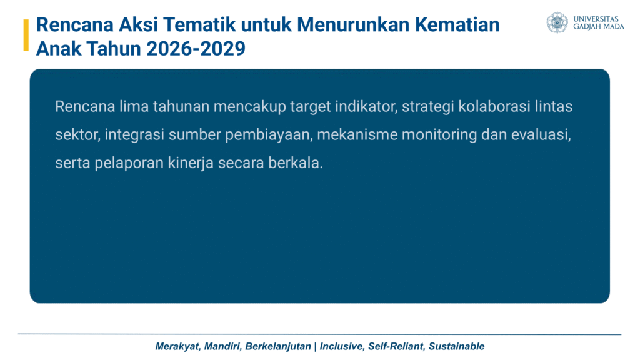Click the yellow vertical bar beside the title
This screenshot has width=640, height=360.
click(26, 35)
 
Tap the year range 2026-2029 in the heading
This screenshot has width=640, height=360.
click(196, 49)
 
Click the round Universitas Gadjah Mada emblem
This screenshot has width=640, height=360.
click(557, 22)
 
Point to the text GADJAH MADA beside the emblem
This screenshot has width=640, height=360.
click(599, 26)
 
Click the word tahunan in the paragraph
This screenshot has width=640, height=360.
click(181, 106)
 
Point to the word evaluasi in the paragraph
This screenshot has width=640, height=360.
click(541, 135)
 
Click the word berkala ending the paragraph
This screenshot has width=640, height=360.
click(296, 163)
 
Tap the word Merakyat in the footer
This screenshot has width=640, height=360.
click(178, 346)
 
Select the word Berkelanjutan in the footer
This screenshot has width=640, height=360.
click(278, 346)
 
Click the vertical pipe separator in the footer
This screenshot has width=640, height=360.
click(315, 346)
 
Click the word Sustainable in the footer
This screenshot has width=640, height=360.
click(456, 346)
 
